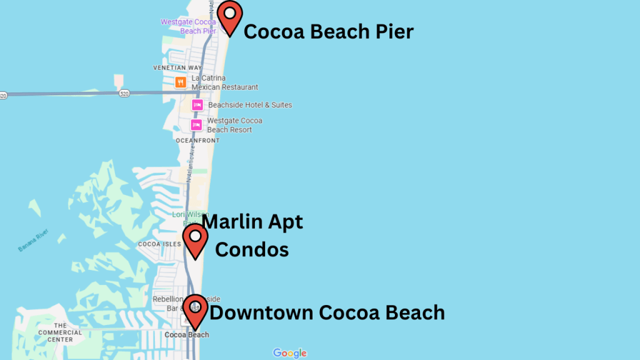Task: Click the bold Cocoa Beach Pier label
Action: point(328,31)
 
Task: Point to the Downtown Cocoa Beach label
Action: point(327,312)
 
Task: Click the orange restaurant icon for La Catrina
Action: point(180,82)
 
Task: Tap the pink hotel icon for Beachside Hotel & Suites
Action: point(197,105)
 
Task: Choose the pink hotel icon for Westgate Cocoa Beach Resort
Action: point(196,125)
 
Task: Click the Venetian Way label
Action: point(177,67)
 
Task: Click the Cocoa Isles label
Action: point(159,244)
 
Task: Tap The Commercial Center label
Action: point(60,332)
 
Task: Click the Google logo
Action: point(290,353)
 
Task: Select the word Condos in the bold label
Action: point(252,249)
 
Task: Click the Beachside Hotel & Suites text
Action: point(250,105)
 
